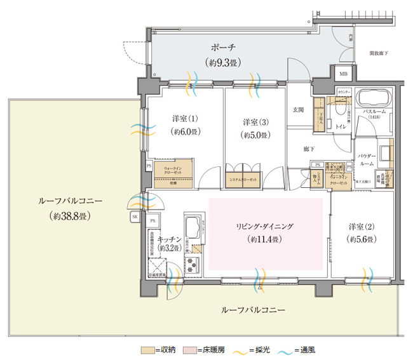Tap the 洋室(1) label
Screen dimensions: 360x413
(185, 119)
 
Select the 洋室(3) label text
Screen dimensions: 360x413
(255, 122)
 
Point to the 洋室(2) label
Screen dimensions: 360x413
(362, 227)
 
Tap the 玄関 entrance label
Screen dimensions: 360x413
(298, 110)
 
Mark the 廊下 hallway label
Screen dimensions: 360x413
(309, 149)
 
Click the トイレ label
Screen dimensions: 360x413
(341, 127)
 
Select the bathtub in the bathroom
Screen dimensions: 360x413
(375, 99)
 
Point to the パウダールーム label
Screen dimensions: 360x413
(367, 159)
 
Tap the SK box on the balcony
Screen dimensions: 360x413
(135, 217)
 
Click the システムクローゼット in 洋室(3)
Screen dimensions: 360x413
(243, 180)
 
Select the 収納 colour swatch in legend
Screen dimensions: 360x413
(148, 349)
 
